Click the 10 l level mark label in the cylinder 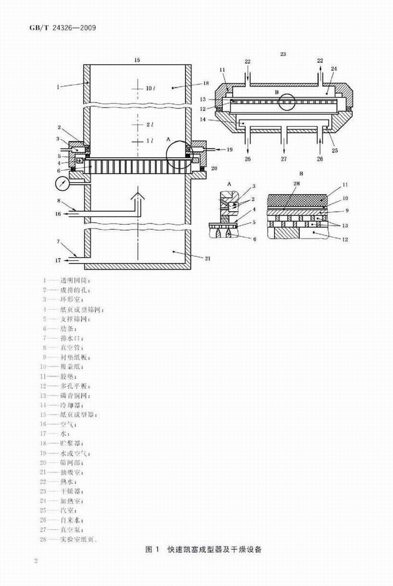(x=150, y=87)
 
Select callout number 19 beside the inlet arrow (x=229, y=148)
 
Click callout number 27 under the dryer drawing (x=283, y=159)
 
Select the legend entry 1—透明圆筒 (x=70, y=279)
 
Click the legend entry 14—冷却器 (x=69, y=405)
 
